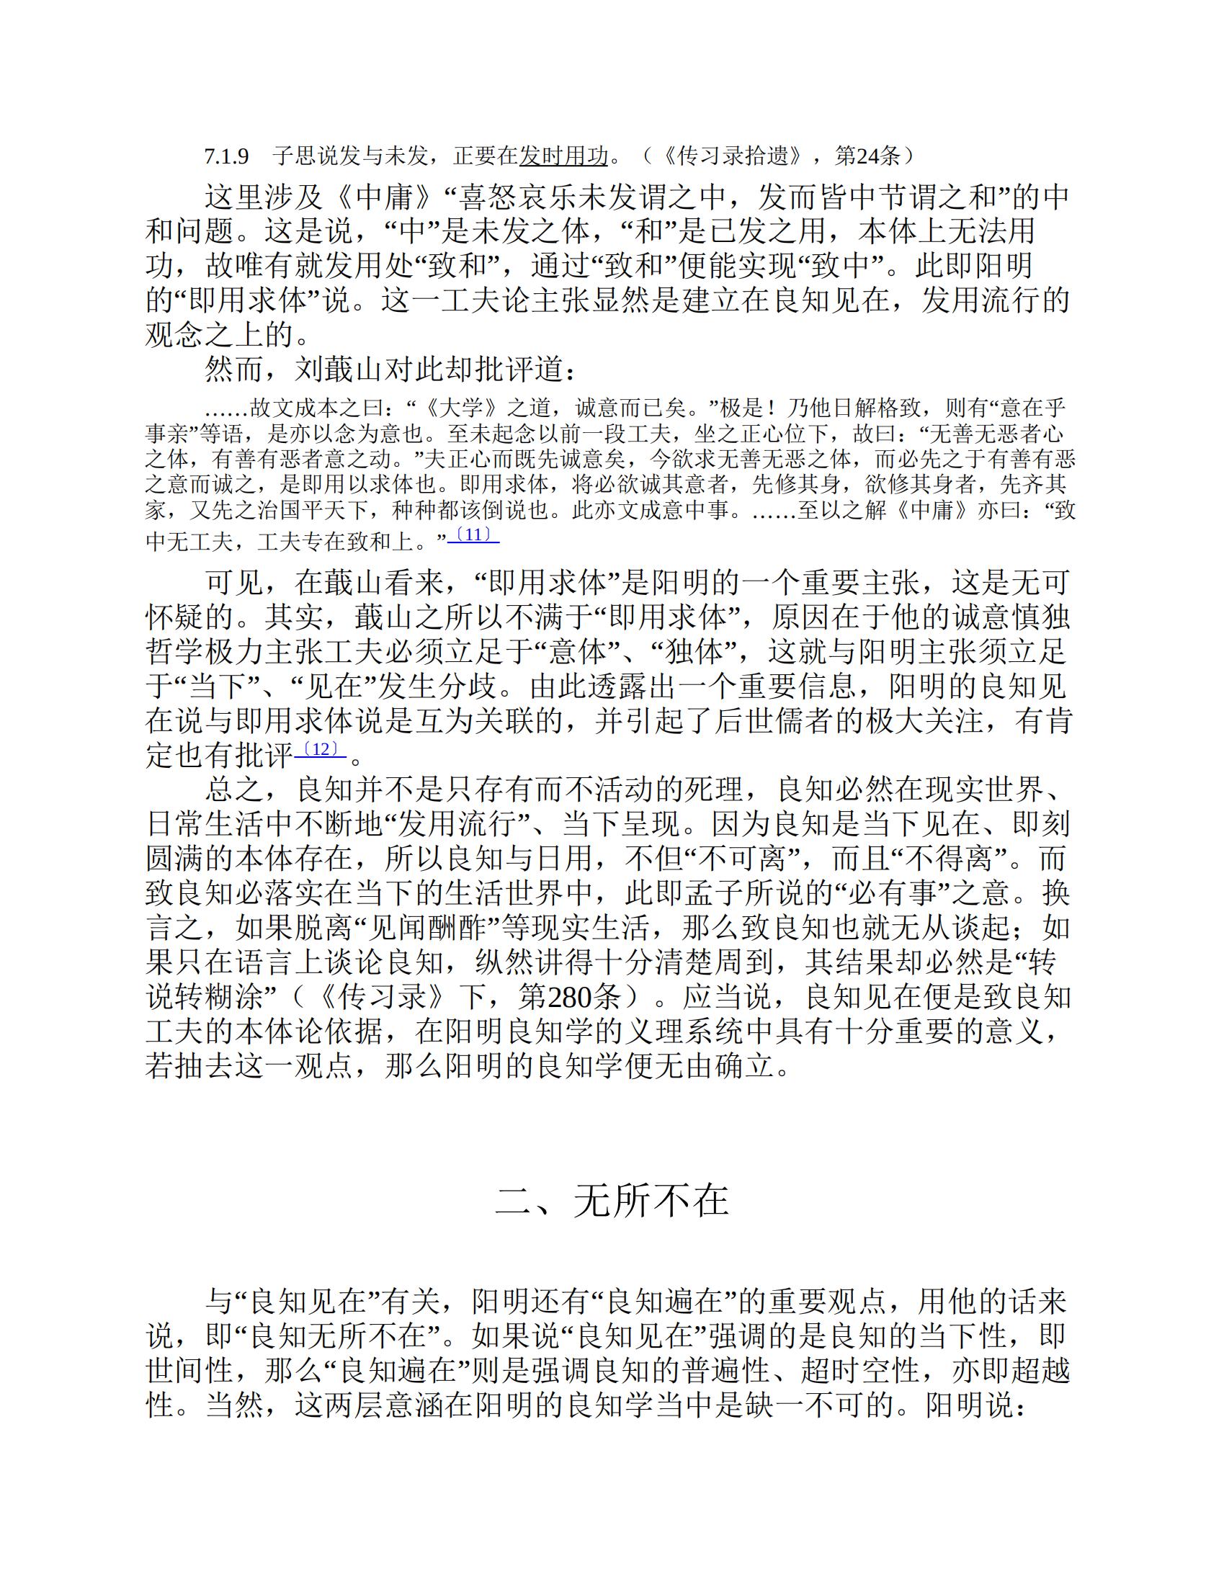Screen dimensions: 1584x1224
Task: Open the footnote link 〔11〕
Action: click(x=473, y=535)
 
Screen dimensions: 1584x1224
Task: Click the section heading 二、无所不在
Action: click(x=612, y=1201)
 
